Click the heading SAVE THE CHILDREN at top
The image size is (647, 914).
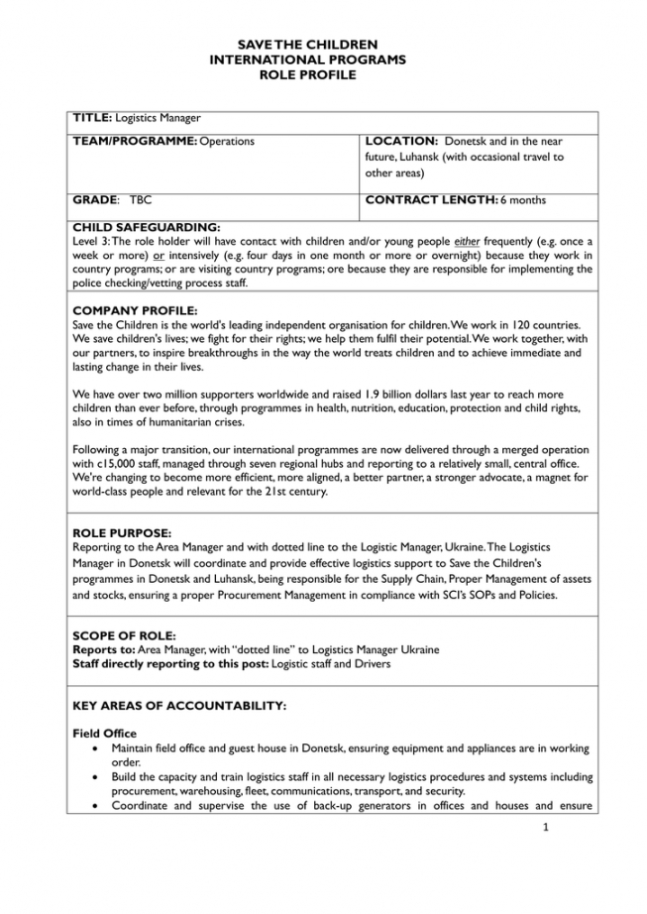308,45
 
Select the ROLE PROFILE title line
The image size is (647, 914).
307,74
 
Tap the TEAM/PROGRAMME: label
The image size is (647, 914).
135,142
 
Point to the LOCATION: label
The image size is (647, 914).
401,142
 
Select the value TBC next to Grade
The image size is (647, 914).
141,199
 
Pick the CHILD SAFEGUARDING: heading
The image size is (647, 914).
147,228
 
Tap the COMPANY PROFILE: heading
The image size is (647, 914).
136,311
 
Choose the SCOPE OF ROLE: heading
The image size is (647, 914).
125,634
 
